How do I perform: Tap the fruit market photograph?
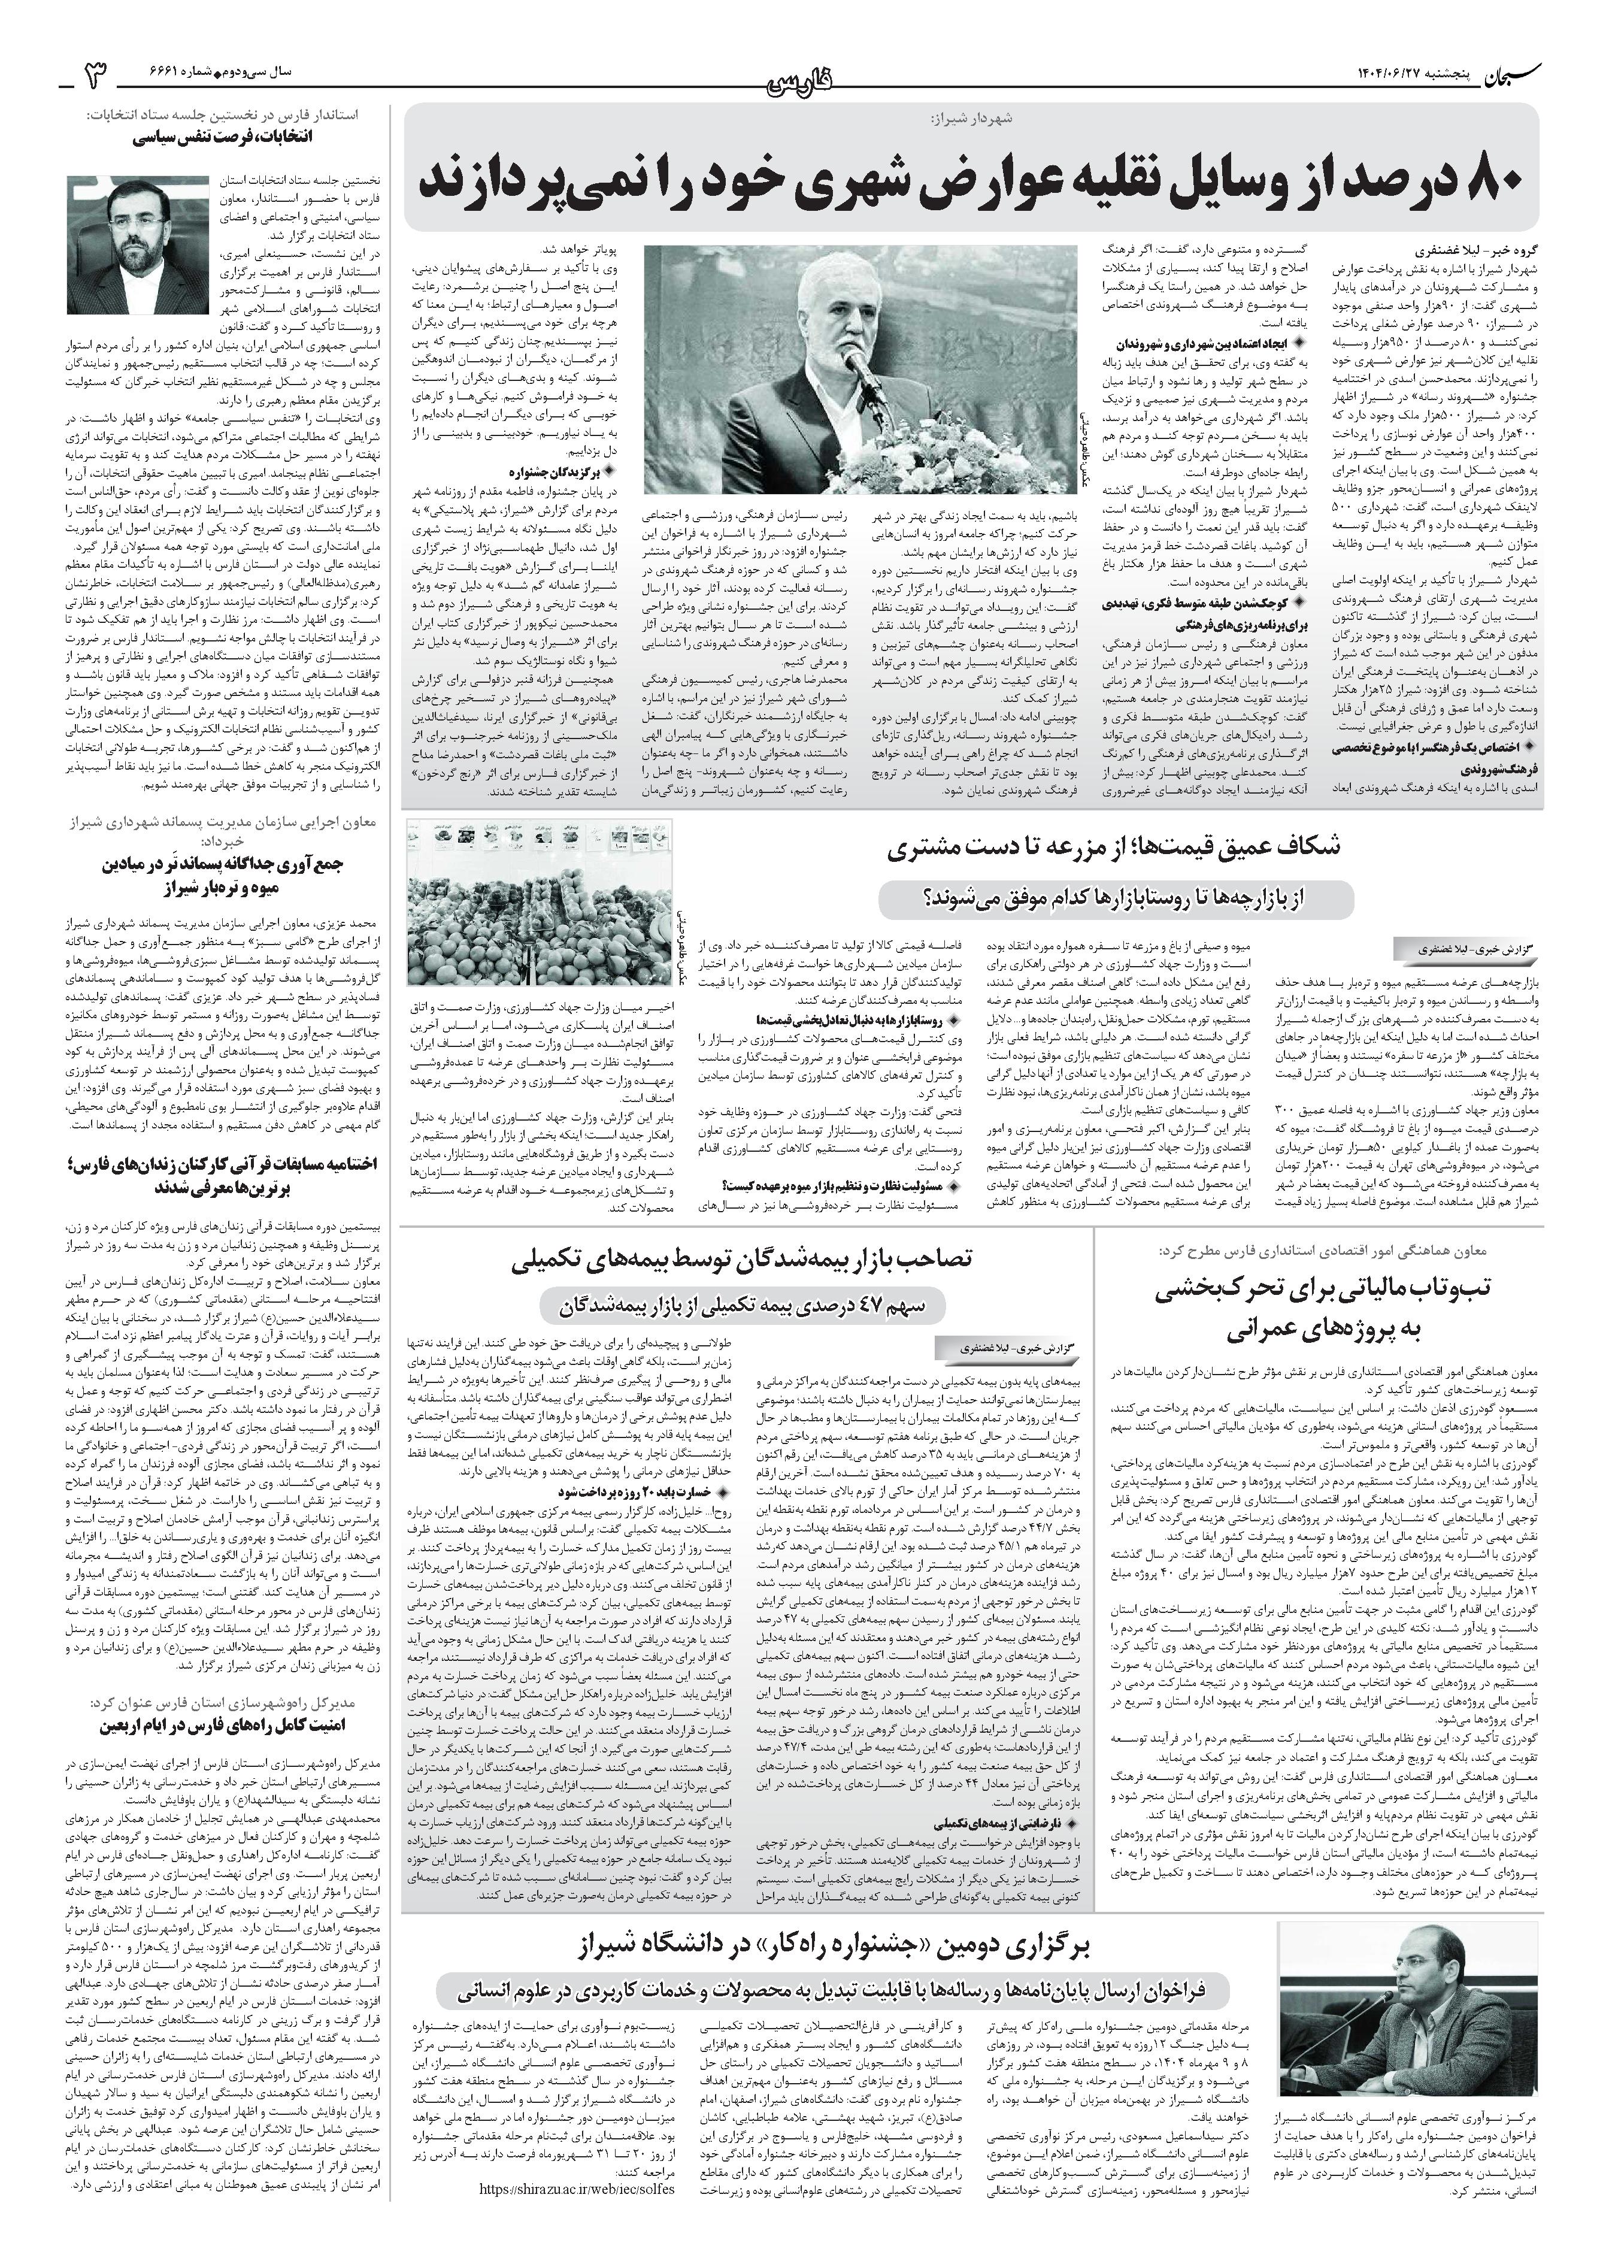pos(539,901)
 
